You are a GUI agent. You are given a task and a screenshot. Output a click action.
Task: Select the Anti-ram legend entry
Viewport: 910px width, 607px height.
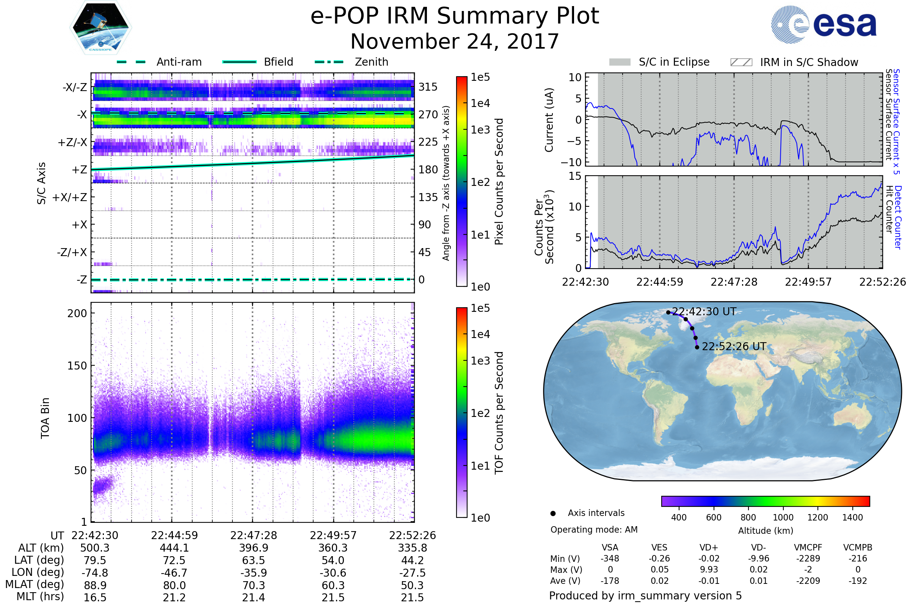[x=179, y=62]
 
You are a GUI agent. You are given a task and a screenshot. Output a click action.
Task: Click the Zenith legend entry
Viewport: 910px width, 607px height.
[x=371, y=62]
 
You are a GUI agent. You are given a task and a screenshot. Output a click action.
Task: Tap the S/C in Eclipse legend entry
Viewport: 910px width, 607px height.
[x=674, y=62]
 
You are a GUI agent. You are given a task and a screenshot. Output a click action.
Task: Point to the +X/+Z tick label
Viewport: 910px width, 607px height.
[x=70, y=197]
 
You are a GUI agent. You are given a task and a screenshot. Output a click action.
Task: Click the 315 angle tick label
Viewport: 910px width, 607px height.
[x=428, y=87]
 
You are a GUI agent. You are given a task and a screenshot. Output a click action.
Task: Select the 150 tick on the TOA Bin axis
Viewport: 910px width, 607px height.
[x=77, y=366]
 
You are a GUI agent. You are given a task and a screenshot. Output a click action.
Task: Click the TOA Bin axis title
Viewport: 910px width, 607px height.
[x=45, y=418]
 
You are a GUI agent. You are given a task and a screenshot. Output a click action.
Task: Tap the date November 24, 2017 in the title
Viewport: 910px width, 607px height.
[x=455, y=41]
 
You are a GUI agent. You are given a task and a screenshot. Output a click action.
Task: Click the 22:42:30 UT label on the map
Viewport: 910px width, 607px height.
[x=704, y=311]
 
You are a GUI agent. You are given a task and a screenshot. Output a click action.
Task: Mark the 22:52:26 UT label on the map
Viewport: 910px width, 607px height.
[x=734, y=346]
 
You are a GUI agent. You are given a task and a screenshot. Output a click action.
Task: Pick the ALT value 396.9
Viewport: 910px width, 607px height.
[x=254, y=548]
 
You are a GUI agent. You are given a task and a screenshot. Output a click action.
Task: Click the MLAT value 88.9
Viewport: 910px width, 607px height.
[x=95, y=585]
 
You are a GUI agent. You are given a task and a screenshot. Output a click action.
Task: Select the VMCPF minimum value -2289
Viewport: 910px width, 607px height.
[x=808, y=558]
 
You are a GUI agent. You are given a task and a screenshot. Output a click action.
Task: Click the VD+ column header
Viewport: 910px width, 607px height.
[x=709, y=547]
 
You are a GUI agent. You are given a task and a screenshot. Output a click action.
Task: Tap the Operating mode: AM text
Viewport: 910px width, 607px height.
[x=594, y=530]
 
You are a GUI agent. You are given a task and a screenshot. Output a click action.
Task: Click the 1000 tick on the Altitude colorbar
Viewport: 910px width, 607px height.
[x=783, y=517]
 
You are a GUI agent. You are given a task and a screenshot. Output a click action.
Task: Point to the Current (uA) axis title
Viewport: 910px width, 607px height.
[x=549, y=120]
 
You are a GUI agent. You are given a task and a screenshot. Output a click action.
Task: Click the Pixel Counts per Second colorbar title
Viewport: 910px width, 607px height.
[x=499, y=182]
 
